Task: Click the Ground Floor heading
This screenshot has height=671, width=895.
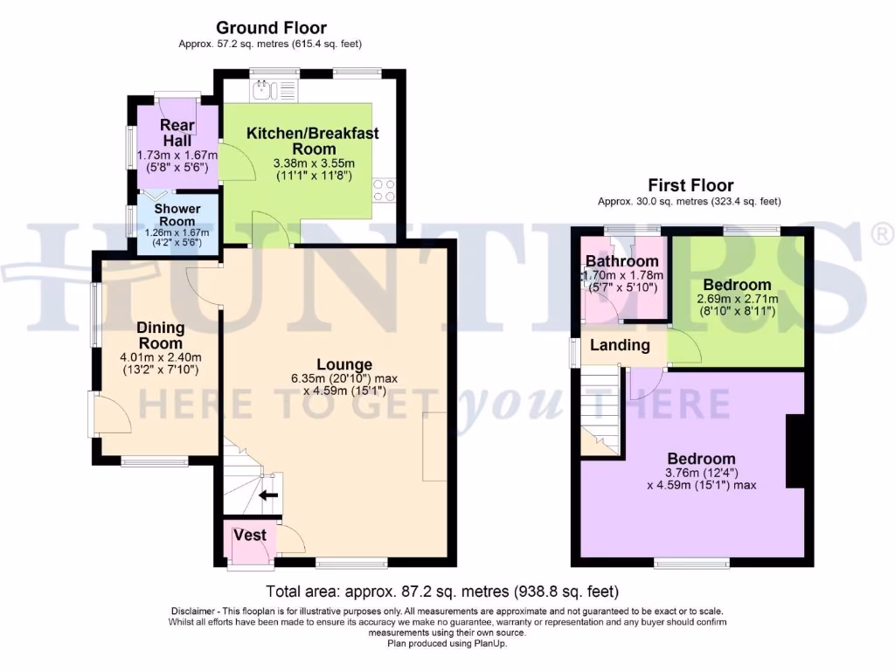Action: pyautogui.click(x=271, y=28)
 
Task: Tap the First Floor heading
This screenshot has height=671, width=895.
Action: pyautogui.click(x=690, y=185)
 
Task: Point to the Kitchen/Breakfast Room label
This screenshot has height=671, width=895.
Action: pyautogui.click(x=313, y=141)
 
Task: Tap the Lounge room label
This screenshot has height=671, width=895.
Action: pyautogui.click(x=344, y=364)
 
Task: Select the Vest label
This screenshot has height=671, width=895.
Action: pyautogui.click(x=250, y=535)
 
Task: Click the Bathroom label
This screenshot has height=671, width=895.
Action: pyautogui.click(x=621, y=261)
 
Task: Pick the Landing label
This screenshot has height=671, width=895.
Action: pyautogui.click(x=620, y=345)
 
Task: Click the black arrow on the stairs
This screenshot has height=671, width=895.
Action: pyautogui.click(x=268, y=495)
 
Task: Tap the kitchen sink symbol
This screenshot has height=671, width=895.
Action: pyautogui.click(x=264, y=87)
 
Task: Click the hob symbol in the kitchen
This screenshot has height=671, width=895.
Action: pyautogui.click(x=383, y=190)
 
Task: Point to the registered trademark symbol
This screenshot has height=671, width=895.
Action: pyautogui.click(x=883, y=233)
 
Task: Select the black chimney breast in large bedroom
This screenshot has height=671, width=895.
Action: pyautogui.click(x=795, y=451)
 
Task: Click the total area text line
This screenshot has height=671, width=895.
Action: pyautogui.click(x=447, y=591)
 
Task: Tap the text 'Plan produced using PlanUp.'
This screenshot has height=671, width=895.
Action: pyautogui.click(x=447, y=643)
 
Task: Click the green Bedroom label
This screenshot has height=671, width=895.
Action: pyautogui.click(x=738, y=285)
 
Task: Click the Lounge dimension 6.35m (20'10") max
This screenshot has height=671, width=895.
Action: pyautogui.click(x=344, y=378)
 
